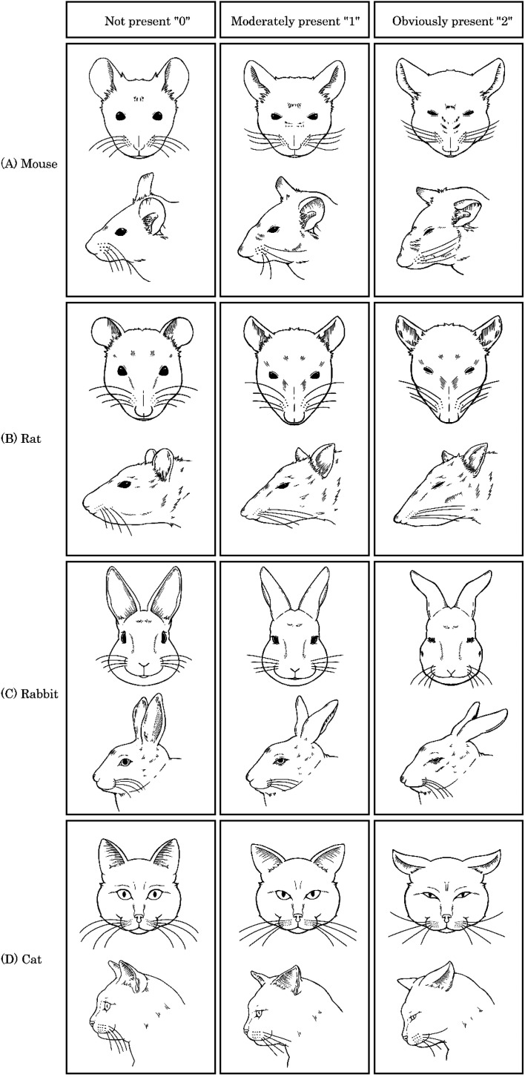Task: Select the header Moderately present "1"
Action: coord(295,22)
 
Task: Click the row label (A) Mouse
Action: coord(30,164)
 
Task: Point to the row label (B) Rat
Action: coord(22,438)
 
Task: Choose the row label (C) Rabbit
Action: coord(30,694)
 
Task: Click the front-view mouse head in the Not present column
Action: coord(139,108)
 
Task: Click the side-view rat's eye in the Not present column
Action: coord(125,484)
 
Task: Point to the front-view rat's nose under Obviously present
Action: coord(449,418)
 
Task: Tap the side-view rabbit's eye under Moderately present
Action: coord(280,761)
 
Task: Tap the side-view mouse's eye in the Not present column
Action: coord(121,231)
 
